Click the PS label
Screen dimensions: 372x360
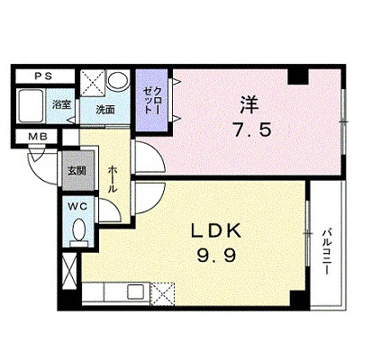point(43,76)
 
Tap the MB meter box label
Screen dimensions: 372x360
point(38,137)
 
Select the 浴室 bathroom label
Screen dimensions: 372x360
point(61,105)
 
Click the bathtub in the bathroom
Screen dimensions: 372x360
point(30,105)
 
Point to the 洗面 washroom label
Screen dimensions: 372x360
point(105,110)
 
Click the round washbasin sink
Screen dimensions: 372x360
point(118,80)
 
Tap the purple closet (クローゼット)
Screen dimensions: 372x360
point(151,100)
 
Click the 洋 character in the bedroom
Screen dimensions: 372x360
point(249,104)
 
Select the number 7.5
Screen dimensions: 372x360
point(253,130)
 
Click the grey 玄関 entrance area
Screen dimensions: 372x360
point(78,171)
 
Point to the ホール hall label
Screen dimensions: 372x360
point(112,179)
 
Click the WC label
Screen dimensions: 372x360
point(77,206)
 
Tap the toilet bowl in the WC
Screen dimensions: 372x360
point(79,229)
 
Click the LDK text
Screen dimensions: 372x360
point(216,230)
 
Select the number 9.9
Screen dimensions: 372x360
point(216,256)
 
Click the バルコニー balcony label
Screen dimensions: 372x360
point(327,252)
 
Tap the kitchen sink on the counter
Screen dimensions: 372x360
point(135,292)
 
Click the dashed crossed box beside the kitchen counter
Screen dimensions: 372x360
point(162,294)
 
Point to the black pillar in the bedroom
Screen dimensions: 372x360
point(298,76)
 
